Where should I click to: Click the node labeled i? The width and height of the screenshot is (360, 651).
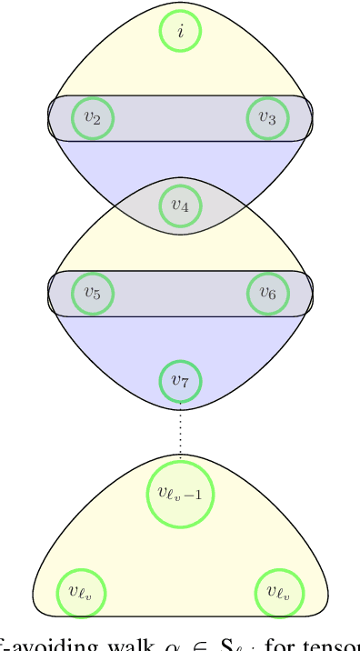point(180,31)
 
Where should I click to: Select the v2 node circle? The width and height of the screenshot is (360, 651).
point(93,118)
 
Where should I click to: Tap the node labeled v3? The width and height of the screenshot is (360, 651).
point(267,118)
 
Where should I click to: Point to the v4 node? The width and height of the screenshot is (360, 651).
point(180,205)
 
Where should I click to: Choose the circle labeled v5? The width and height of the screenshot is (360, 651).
point(93,293)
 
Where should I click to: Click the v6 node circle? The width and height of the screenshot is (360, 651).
point(267,293)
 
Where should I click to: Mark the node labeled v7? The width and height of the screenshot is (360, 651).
point(180,381)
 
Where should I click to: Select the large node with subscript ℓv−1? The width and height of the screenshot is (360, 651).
point(180,493)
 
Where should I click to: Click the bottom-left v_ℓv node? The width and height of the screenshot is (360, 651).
point(82,592)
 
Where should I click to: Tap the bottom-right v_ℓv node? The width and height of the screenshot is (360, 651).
point(279,592)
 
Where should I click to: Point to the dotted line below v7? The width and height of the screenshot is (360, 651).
point(180,431)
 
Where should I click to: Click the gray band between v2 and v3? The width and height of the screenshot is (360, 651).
point(180,118)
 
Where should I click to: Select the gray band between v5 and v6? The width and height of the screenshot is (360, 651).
point(180,293)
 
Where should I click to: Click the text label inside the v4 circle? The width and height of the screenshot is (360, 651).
point(180,206)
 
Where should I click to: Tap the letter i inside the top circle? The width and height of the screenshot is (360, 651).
point(180,31)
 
